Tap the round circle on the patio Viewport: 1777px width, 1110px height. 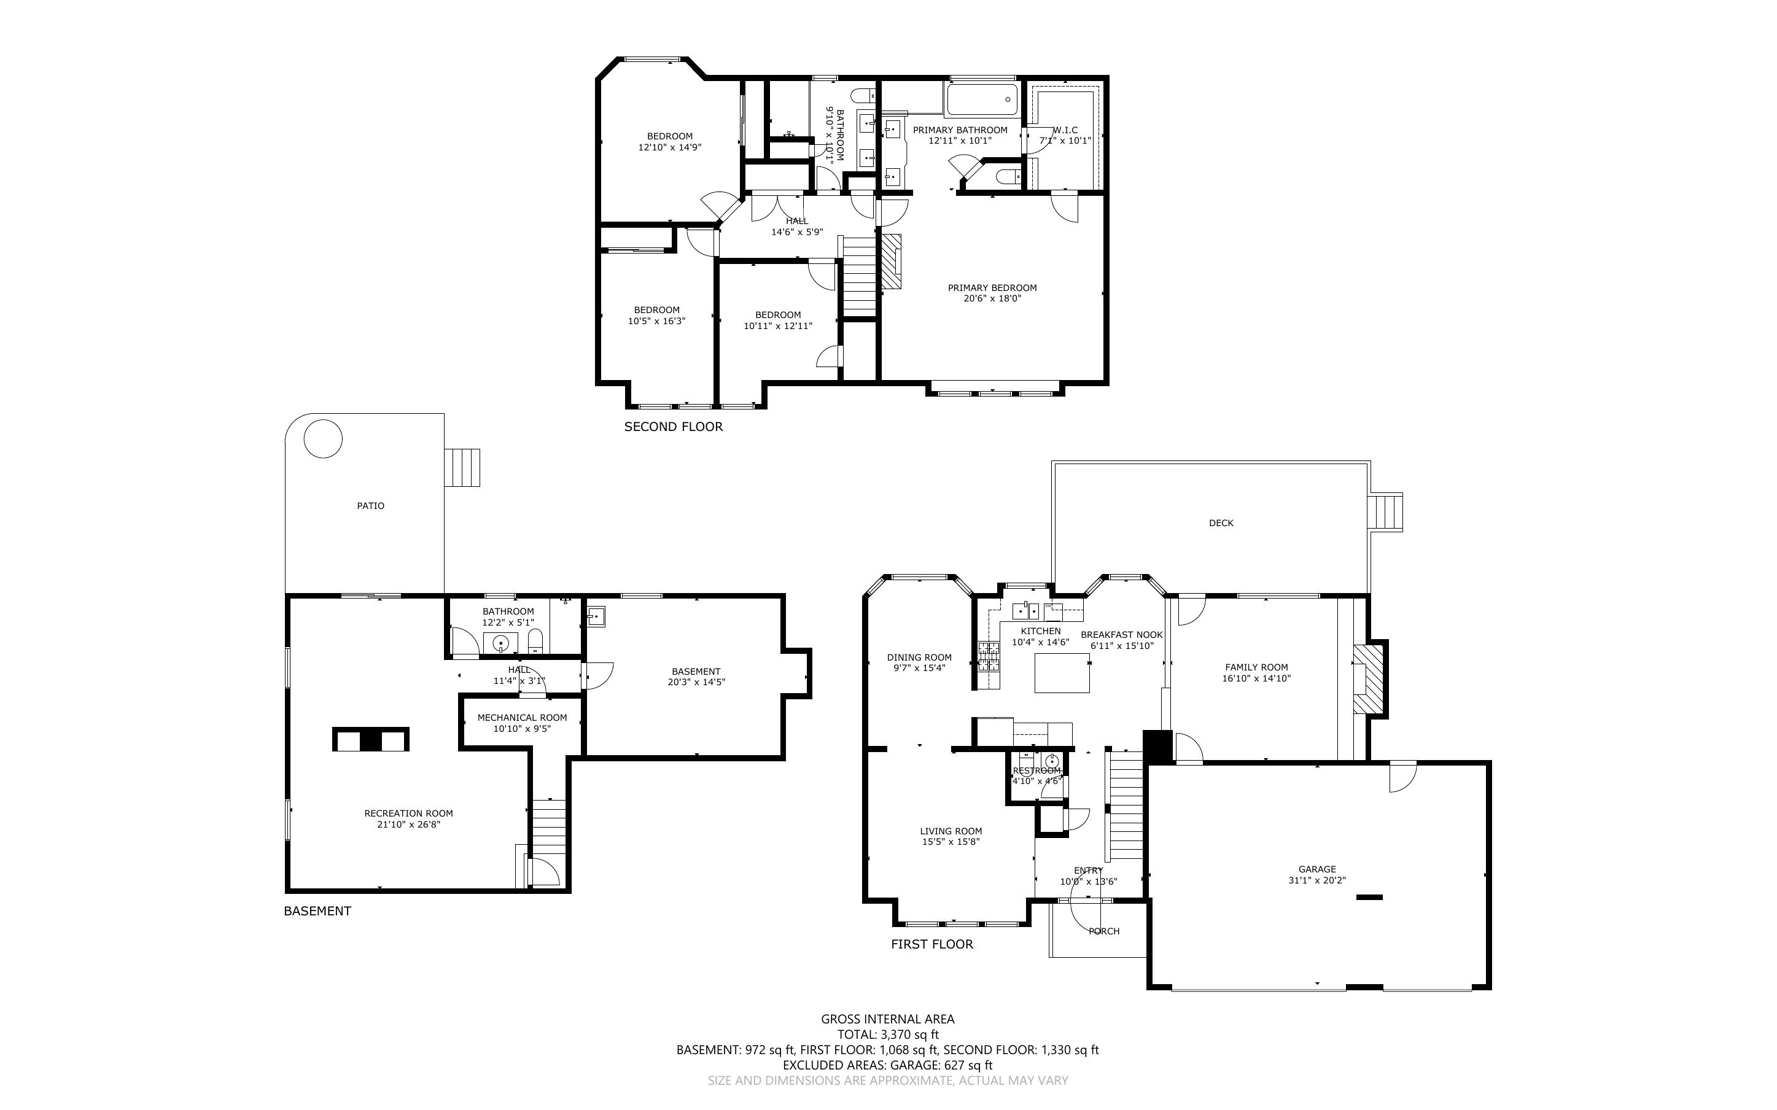coord(323,438)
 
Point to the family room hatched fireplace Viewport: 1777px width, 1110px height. coord(1368,679)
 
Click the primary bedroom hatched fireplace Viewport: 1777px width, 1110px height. coord(890,262)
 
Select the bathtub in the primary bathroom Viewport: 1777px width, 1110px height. coord(981,99)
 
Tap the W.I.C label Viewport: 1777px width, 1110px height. coord(1065,130)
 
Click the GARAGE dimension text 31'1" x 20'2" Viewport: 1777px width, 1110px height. coord(1317,880)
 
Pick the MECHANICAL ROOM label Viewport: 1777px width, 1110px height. coord(522,717)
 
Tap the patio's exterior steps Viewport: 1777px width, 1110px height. coord(462,468)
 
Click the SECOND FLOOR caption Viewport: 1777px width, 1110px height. coord(673,427)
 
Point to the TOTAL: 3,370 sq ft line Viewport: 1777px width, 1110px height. coord(887,1034)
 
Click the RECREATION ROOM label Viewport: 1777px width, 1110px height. coord(408,813)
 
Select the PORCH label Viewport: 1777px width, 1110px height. coord(1103,931)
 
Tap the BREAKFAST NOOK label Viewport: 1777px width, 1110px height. coord(1121,635)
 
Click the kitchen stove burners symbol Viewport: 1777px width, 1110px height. coord(988,656)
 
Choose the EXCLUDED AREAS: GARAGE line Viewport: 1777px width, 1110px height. coord(887,1065)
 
